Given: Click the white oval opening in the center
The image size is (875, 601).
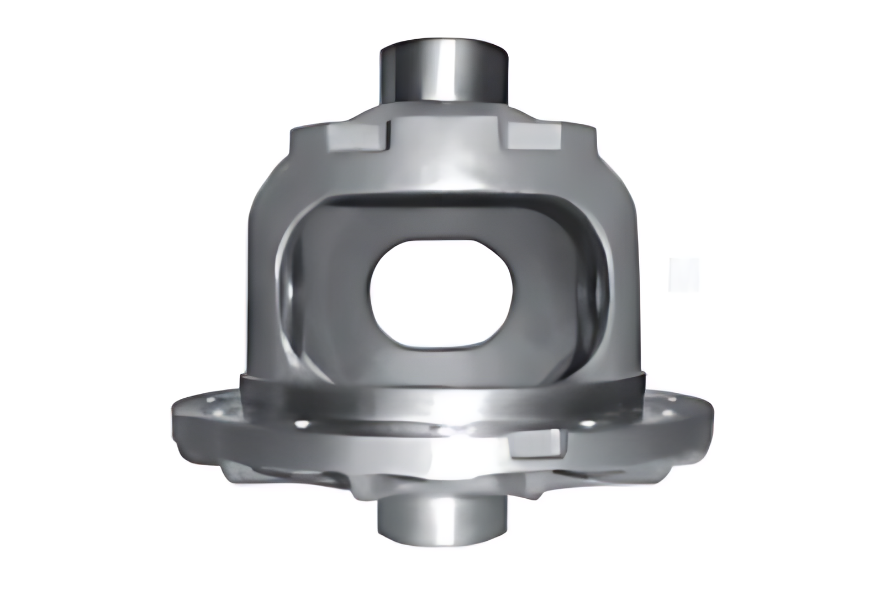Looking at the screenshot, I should [442, 292].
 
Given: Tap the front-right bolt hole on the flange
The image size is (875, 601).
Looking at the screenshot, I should [587, 424].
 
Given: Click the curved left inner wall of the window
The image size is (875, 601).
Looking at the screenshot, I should [301, 287].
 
